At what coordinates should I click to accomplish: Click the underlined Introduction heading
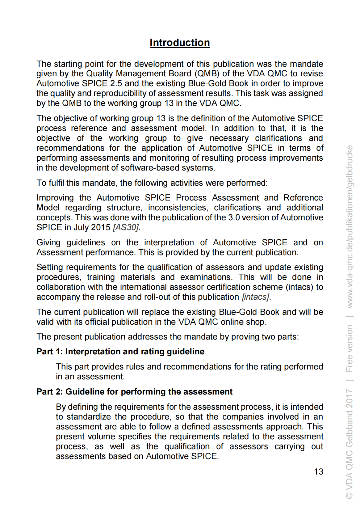180,43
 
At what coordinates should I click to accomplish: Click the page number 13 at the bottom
318,471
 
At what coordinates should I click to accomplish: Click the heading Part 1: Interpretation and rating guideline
120,352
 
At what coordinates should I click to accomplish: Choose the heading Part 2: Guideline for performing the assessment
134,392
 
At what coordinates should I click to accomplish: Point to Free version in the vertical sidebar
349,348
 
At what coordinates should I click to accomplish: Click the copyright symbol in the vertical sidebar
349,496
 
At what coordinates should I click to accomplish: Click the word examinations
205,277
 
